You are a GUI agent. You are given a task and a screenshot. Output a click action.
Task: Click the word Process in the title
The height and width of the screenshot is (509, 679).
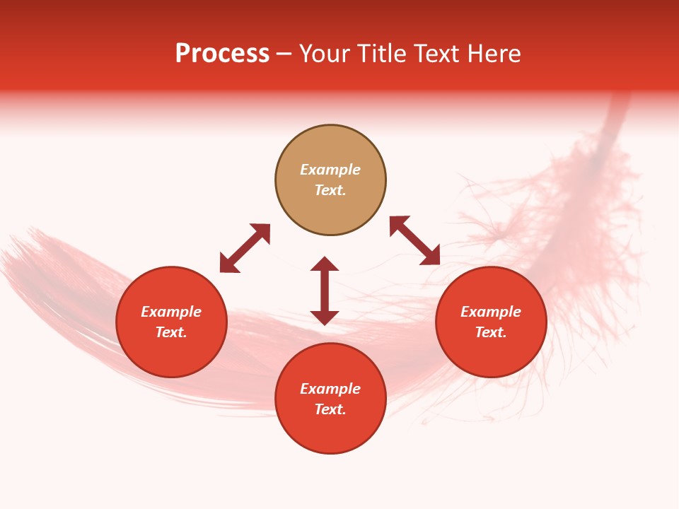point(222,54)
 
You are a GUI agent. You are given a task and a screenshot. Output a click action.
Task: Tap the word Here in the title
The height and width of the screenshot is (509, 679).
point(494,54)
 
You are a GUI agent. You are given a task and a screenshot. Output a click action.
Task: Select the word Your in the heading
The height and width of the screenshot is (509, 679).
point(325,54)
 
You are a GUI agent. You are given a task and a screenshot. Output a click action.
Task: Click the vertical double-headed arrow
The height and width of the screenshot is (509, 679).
point(325,291)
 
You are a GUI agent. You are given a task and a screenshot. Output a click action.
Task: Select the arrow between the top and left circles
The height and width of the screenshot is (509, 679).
point(245,248)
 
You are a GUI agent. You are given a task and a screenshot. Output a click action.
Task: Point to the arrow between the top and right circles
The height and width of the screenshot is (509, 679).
point(414,240)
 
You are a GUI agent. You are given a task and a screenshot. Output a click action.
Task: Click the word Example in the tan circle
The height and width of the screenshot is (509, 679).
point(330,170)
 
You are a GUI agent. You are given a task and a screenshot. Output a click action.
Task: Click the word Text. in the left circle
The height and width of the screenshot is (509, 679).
point(171,332)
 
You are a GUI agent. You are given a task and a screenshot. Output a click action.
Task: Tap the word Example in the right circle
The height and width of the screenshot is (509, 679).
point(491,312)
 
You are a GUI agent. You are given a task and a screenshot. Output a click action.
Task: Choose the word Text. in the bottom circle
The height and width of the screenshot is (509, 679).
point(330,409)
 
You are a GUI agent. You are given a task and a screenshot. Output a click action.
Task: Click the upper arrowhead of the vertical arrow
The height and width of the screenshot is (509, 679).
point(325,264)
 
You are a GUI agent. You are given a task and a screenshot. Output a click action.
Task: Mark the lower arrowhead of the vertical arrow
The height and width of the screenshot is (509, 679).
point(325,317)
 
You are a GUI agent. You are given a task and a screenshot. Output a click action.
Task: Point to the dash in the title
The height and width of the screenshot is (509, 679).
point(284,54)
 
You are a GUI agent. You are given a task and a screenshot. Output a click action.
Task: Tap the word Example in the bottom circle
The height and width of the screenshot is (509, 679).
point(330,389)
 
